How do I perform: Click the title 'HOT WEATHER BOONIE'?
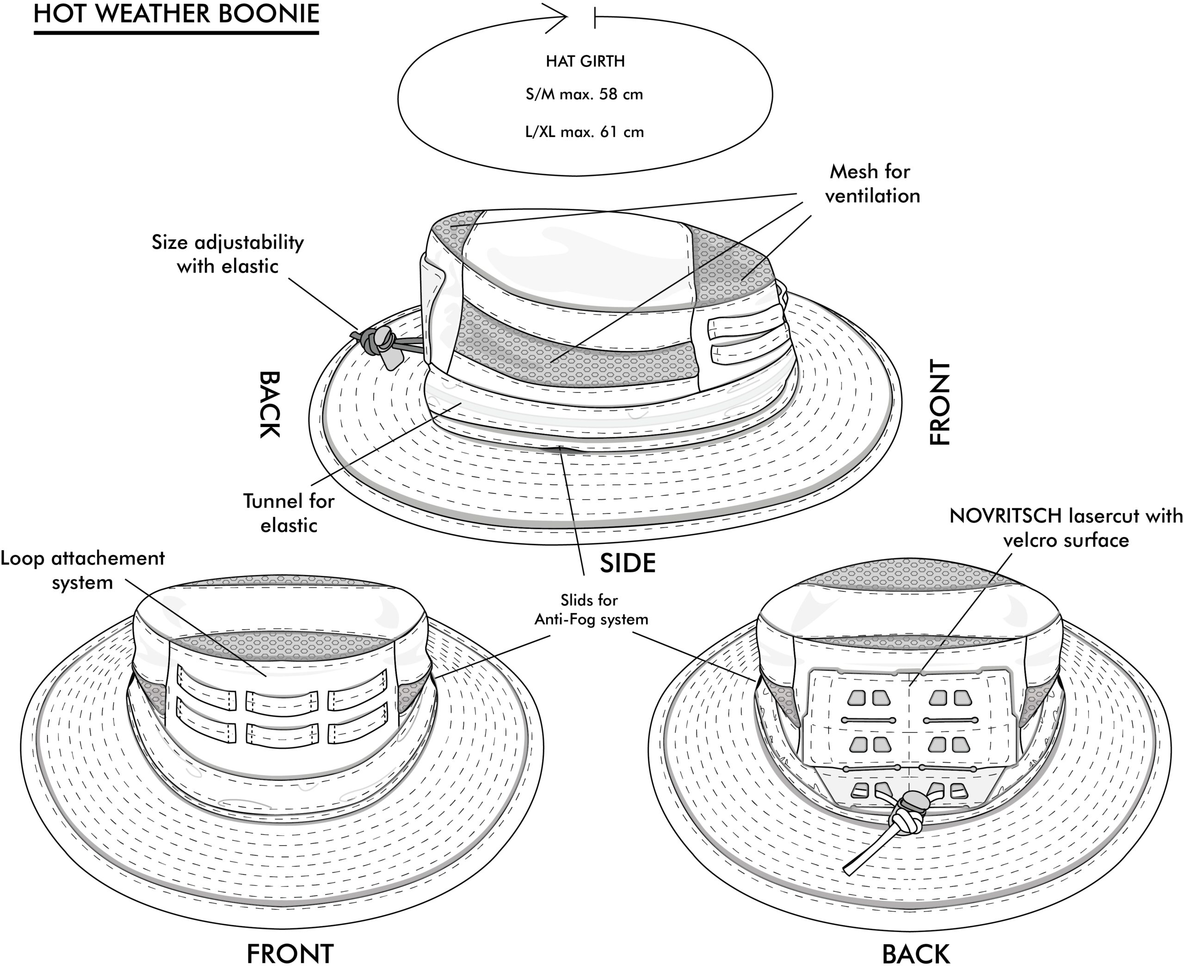click(176, 14)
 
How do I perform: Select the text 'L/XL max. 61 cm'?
click(585, 132)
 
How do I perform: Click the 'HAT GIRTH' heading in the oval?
click(585, 61)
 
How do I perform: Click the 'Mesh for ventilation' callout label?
click(872, 183)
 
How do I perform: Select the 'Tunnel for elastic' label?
click(289, 513)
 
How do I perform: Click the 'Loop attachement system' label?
click(83, 570)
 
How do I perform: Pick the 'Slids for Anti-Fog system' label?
click(591, 610)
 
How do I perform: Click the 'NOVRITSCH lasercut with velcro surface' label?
click(1066, 527)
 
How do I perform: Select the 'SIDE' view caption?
click(628, 563)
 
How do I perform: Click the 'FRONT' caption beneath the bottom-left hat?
click(290, 953)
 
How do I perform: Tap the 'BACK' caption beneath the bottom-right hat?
click(915, 953)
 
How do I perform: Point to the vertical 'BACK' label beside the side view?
click(269, 405)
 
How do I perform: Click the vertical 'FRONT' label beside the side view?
click(940, 402)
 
